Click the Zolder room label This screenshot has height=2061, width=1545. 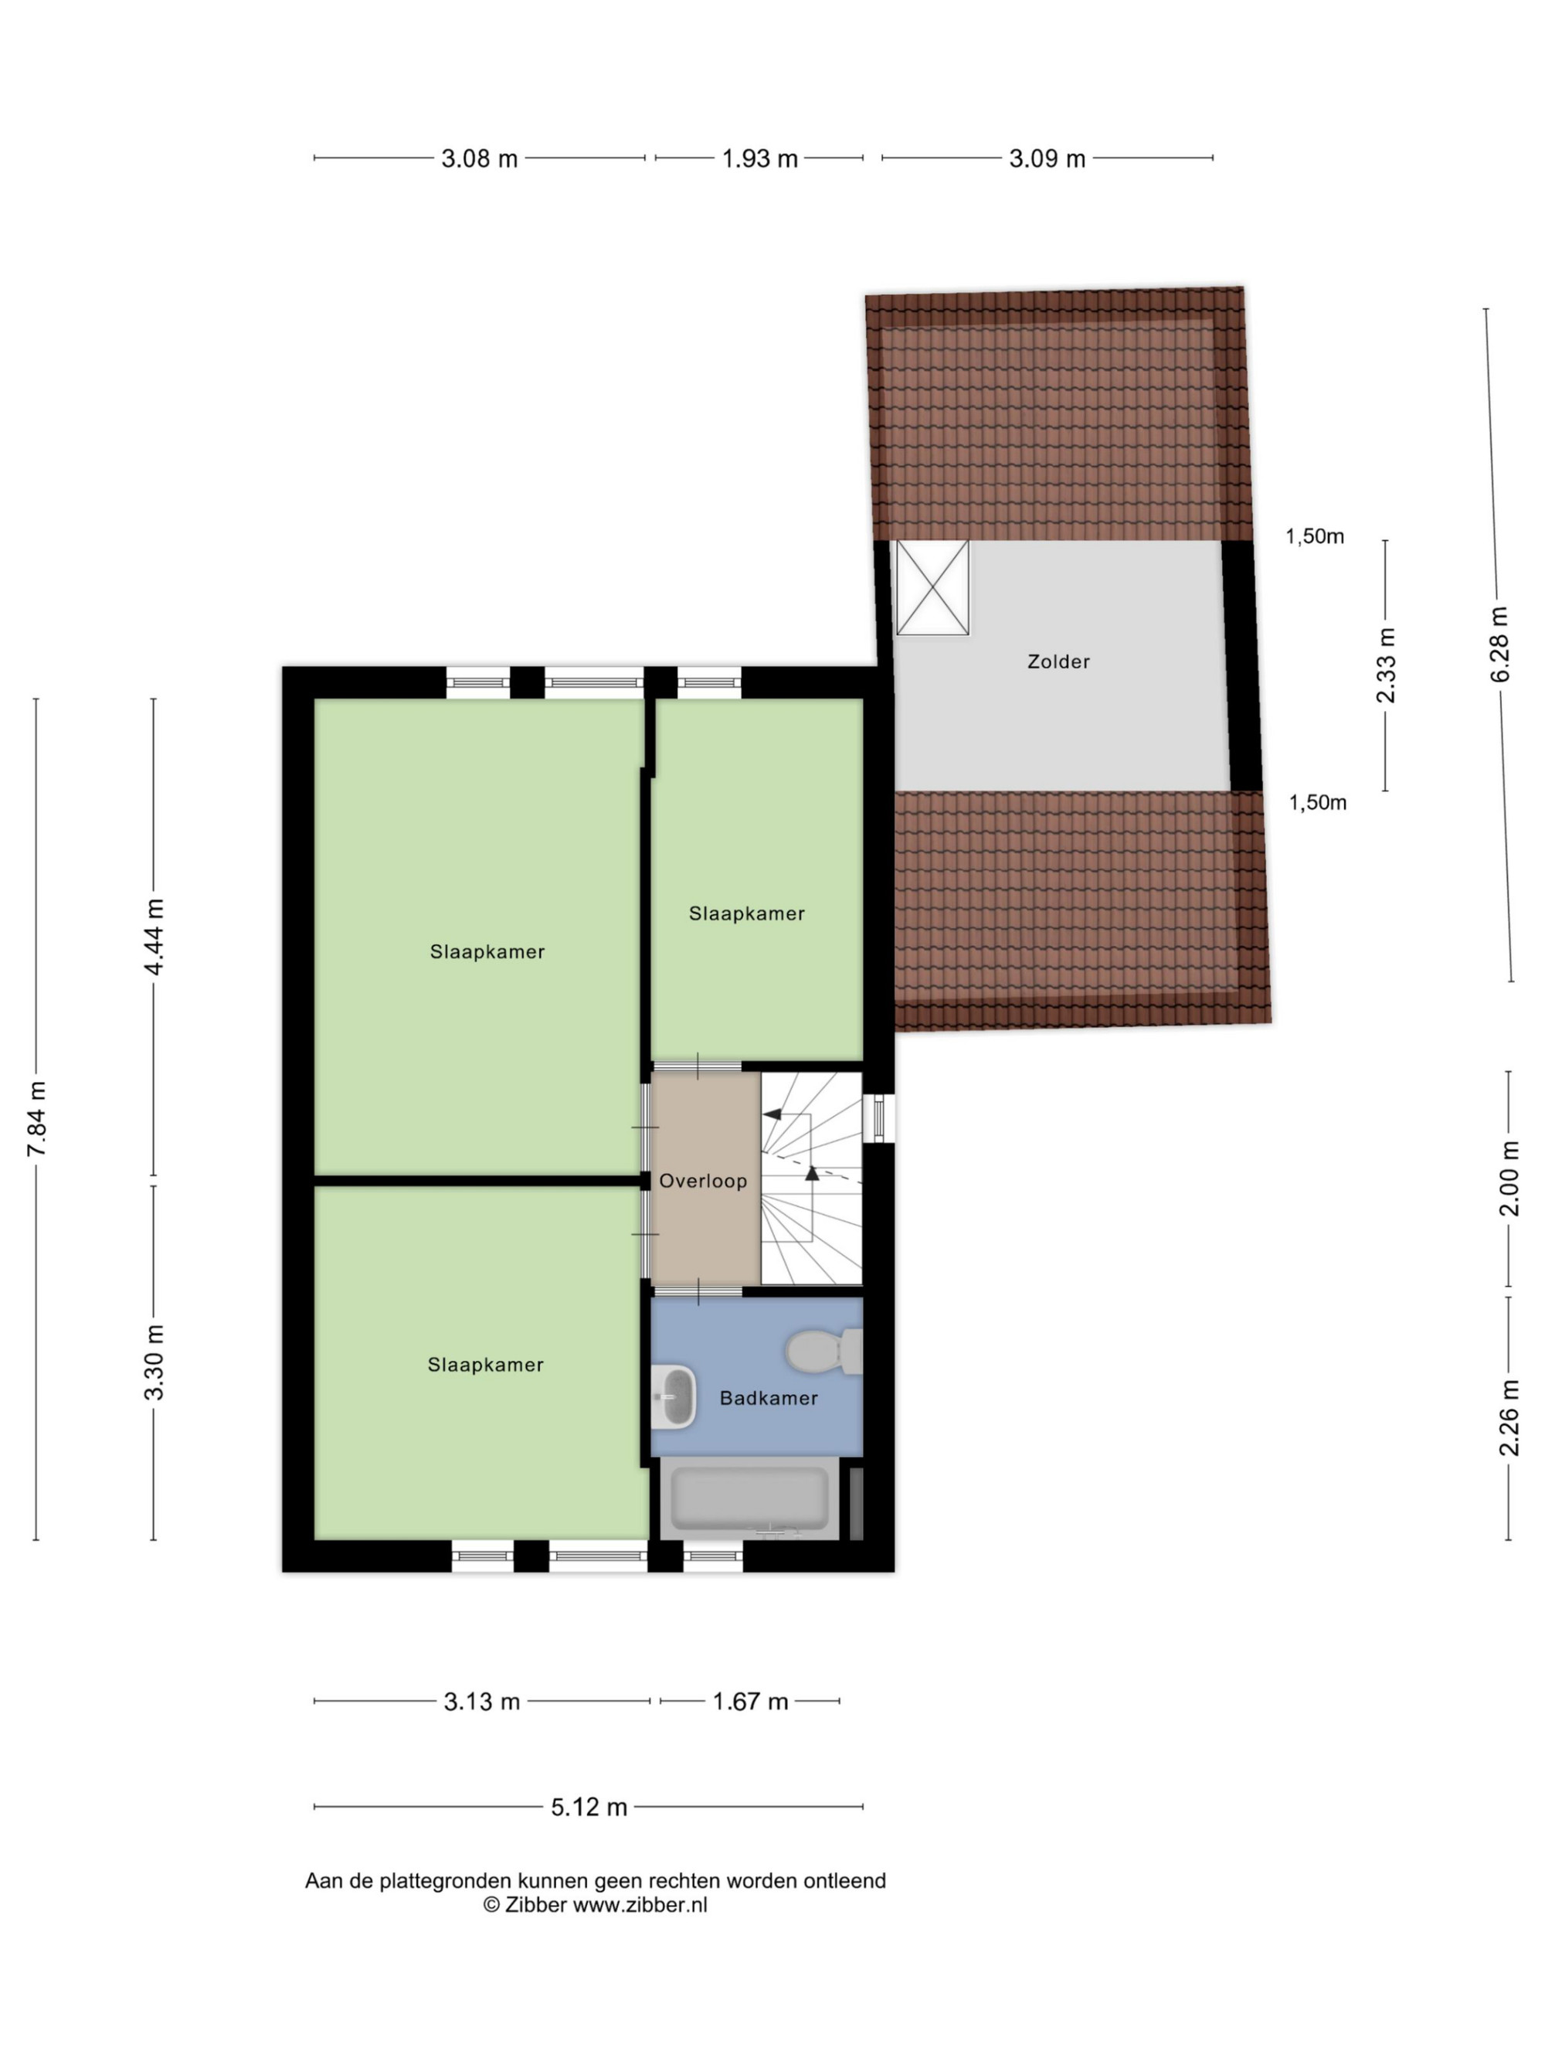(1058, 661)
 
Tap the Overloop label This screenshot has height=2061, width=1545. (703, 1182)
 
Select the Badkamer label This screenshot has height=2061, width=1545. (769, 1398)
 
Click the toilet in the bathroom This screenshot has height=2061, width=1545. (824, 1350)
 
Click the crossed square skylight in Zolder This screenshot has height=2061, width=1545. (932, 588)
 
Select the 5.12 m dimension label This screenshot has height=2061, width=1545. (589, 1807)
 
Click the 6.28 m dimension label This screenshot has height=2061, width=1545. (1499, 644)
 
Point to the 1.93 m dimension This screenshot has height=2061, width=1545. (760, 158)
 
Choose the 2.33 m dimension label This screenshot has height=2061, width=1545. (1387, 665)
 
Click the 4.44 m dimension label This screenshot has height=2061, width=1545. (154, 937)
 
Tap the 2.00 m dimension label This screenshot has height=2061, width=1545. (1509, 1178)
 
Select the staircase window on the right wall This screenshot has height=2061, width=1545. (879, 1117)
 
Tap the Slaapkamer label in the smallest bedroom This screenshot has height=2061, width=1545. (746, 914)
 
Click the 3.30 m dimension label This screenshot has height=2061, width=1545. (154, 1362)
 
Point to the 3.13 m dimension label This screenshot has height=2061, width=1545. (481, 1702)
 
